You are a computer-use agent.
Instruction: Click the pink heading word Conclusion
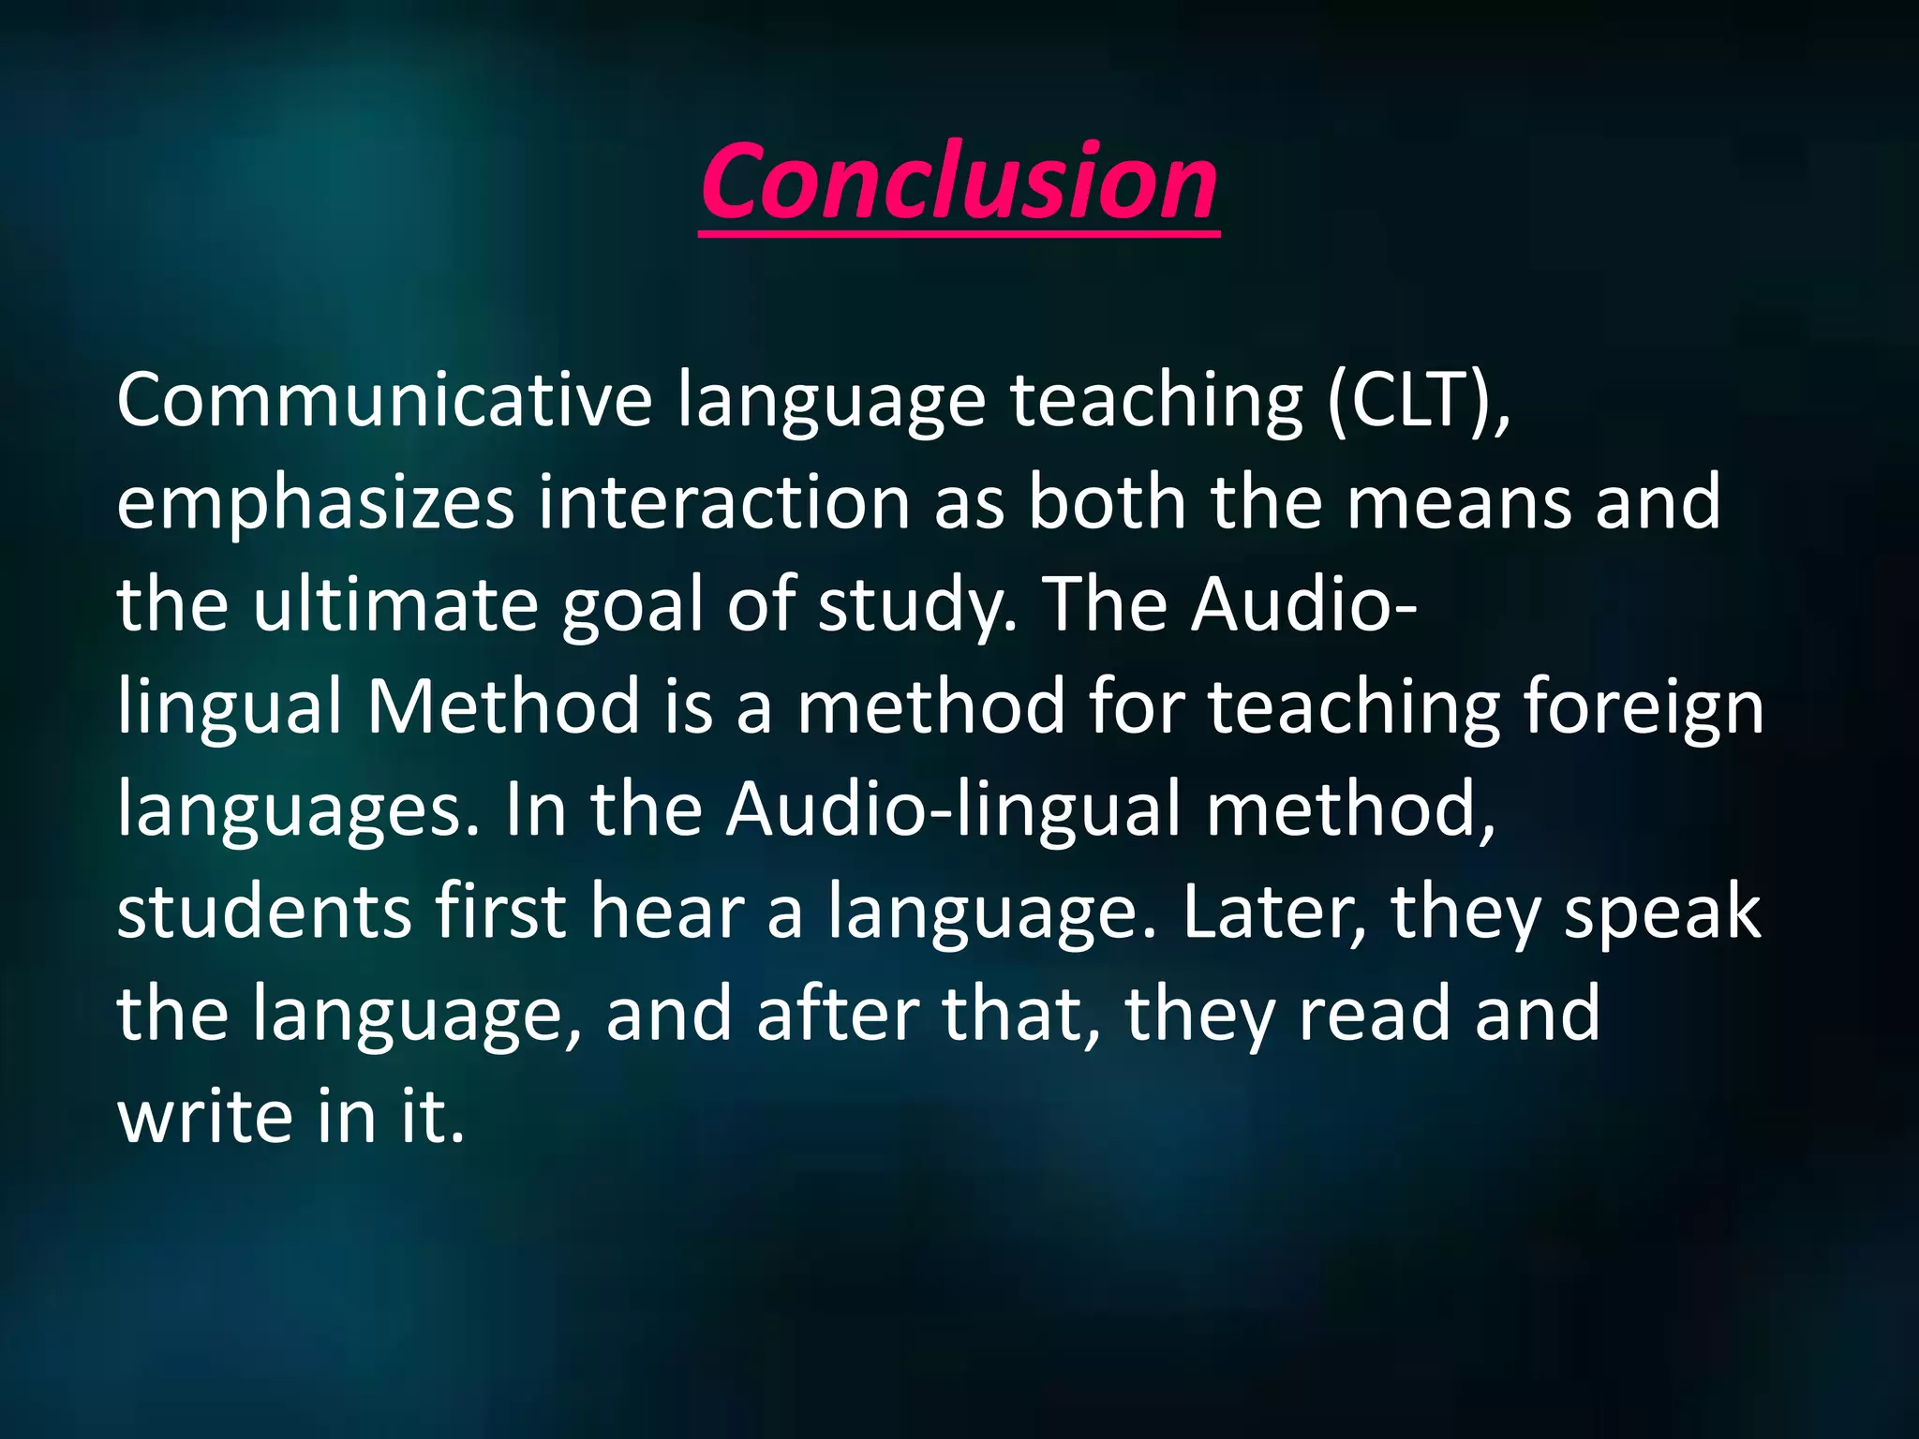click(959, 183)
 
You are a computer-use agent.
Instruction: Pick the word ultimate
click(394, 606)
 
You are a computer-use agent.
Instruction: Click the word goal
click(632, 606)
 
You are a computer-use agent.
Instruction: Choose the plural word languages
click(298, 810)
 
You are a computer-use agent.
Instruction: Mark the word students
click(264, 912)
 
